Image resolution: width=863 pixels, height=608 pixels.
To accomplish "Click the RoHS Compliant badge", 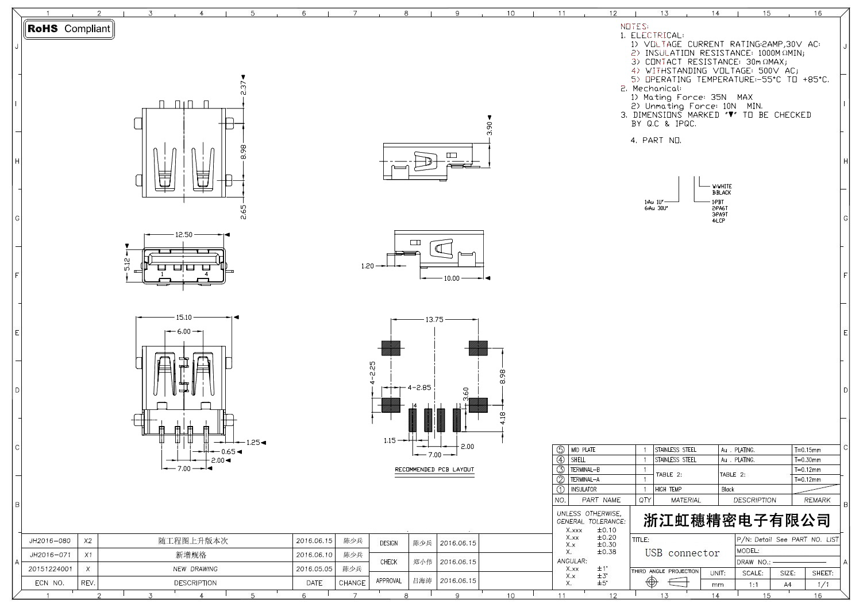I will [x=69, y=29].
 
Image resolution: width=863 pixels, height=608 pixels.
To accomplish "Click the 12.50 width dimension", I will [x=184, y=234].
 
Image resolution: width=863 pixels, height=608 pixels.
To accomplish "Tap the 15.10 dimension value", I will [x=184, y=317].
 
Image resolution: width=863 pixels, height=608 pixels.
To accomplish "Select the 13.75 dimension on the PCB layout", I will [x=434, y=320].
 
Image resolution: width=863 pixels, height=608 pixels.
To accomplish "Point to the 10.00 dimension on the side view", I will [x=452, y=278].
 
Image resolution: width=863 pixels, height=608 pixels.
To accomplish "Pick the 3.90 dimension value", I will [x=490, y=128].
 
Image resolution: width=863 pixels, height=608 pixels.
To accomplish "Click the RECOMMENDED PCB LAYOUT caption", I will [x=434, y=470].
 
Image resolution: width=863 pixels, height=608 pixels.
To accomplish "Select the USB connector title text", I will [x=682, y=553].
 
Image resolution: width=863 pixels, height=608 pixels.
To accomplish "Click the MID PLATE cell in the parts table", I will [x=583, y=450].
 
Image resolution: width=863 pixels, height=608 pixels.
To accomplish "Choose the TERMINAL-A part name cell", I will [x=585, y=479].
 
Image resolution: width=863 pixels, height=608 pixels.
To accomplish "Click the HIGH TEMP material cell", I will [x=668, y=489].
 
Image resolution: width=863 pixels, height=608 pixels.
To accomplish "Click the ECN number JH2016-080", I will [x=50, y=541].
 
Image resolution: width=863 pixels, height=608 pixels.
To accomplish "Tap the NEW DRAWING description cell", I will [x=195, y=569].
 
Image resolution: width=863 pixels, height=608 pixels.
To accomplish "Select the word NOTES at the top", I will [x=634, y=26].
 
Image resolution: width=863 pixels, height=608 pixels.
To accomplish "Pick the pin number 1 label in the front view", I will [x=163, y=274].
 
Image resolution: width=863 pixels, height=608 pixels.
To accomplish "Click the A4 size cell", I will [x=787, y=584].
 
